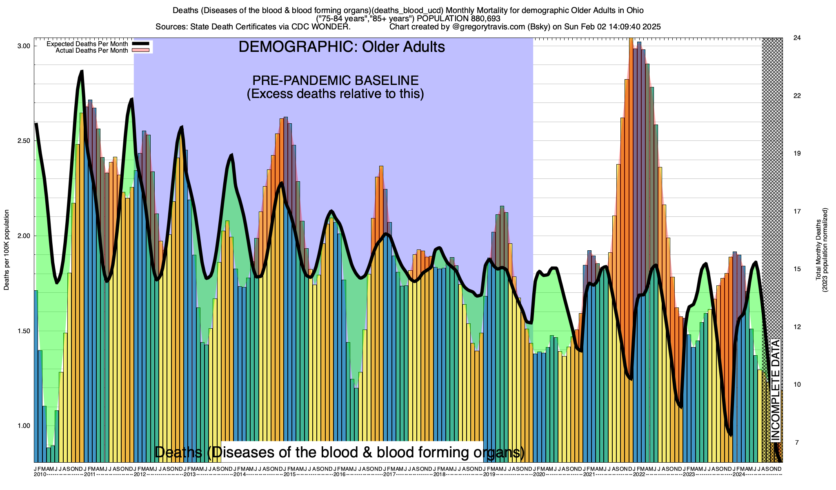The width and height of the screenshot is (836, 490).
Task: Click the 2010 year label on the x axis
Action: [40, 474]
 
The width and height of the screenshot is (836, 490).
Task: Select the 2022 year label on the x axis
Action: [639, 474]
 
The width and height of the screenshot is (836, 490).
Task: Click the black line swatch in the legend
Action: [141, 44]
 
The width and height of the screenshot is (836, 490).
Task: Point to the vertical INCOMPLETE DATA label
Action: [775, 390]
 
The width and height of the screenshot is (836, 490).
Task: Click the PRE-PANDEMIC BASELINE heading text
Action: [335, 80]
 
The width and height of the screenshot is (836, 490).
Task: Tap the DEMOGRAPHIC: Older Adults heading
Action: [342, 47]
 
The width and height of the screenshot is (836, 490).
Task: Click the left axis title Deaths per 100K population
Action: [7, 250]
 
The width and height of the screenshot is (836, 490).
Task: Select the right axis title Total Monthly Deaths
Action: [818, 250]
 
